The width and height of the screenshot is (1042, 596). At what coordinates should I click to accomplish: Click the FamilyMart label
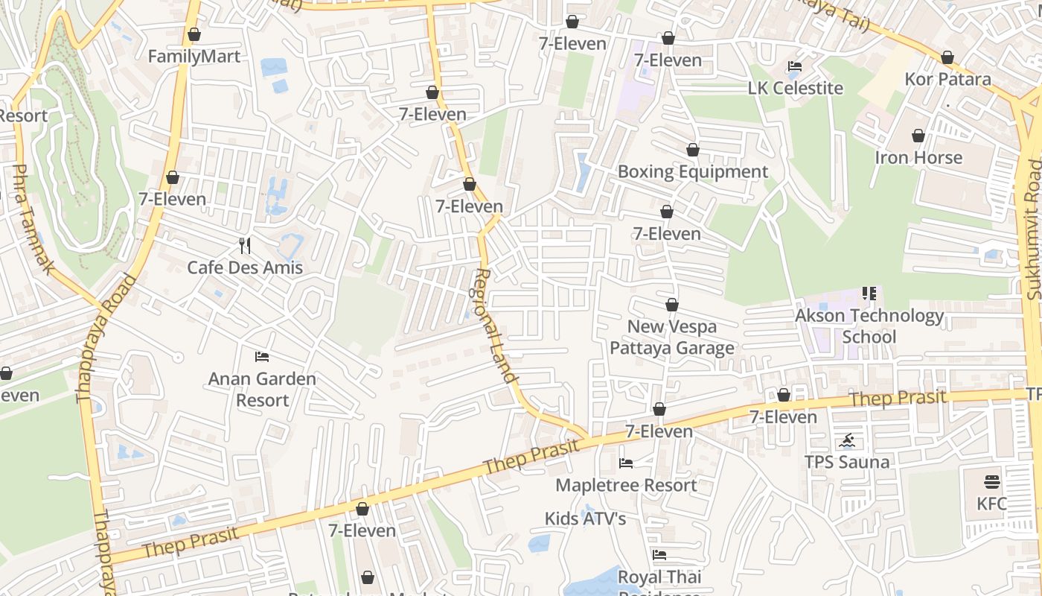[x=194, y=57]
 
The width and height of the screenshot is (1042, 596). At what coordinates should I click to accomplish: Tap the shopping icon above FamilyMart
[x=194, y=34]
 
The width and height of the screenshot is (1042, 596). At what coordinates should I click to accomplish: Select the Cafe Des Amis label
[x=245, y=267]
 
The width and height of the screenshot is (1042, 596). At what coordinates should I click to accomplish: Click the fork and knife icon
[x=245, y=245]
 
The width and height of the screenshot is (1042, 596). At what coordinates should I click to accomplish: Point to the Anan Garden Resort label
[x=262, y=389]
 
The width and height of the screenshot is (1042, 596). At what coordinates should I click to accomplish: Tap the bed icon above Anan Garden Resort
[x=262, y=356]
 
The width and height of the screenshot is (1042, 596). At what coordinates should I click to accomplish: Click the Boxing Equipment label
[x=692, y=172]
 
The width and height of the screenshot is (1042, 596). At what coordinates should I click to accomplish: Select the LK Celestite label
[x=795, y=88]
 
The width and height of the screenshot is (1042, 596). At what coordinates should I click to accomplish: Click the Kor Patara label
[x=947, y=79]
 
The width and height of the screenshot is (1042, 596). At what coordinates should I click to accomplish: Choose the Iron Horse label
[x=918, y=158]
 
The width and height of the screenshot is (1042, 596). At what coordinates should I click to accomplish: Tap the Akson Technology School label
[x=869, y=326]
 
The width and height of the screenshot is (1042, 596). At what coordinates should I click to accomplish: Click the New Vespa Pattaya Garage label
[x=672, y=337]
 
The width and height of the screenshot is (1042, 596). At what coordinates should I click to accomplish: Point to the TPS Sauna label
[x=846, y=462]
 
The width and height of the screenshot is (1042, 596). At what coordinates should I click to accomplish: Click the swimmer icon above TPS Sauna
[x=846, y=440]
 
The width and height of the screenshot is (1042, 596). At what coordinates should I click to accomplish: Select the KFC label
[x=991, y=504]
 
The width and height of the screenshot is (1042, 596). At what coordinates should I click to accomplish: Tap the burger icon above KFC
[x=991, y=481]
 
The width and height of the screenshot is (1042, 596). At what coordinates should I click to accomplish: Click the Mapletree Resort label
[x=626, y=485]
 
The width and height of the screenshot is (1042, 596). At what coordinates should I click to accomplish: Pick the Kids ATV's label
[x=585, y=519]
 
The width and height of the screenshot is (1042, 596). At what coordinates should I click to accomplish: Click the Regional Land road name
[x=495, y=326]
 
